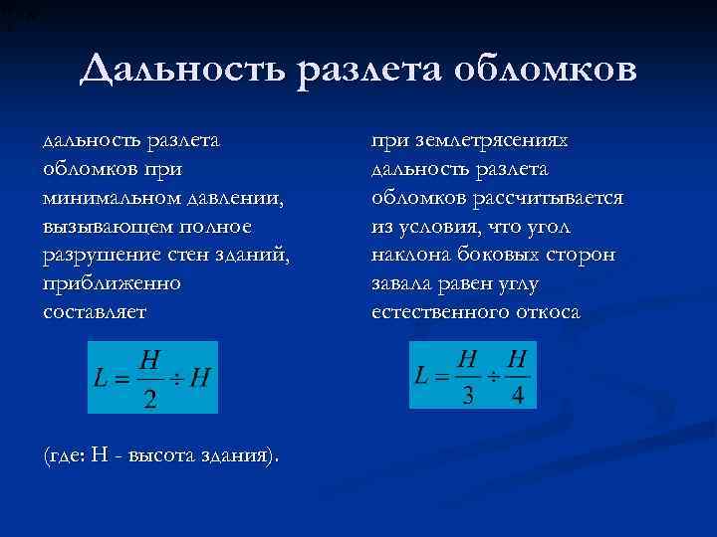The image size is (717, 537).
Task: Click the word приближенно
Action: (x=112, y=283)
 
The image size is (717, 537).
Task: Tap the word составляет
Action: (x=94, y=312)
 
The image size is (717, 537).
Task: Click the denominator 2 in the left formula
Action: (x=149, y=397)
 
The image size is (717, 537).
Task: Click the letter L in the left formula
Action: (x=101, y=380)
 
